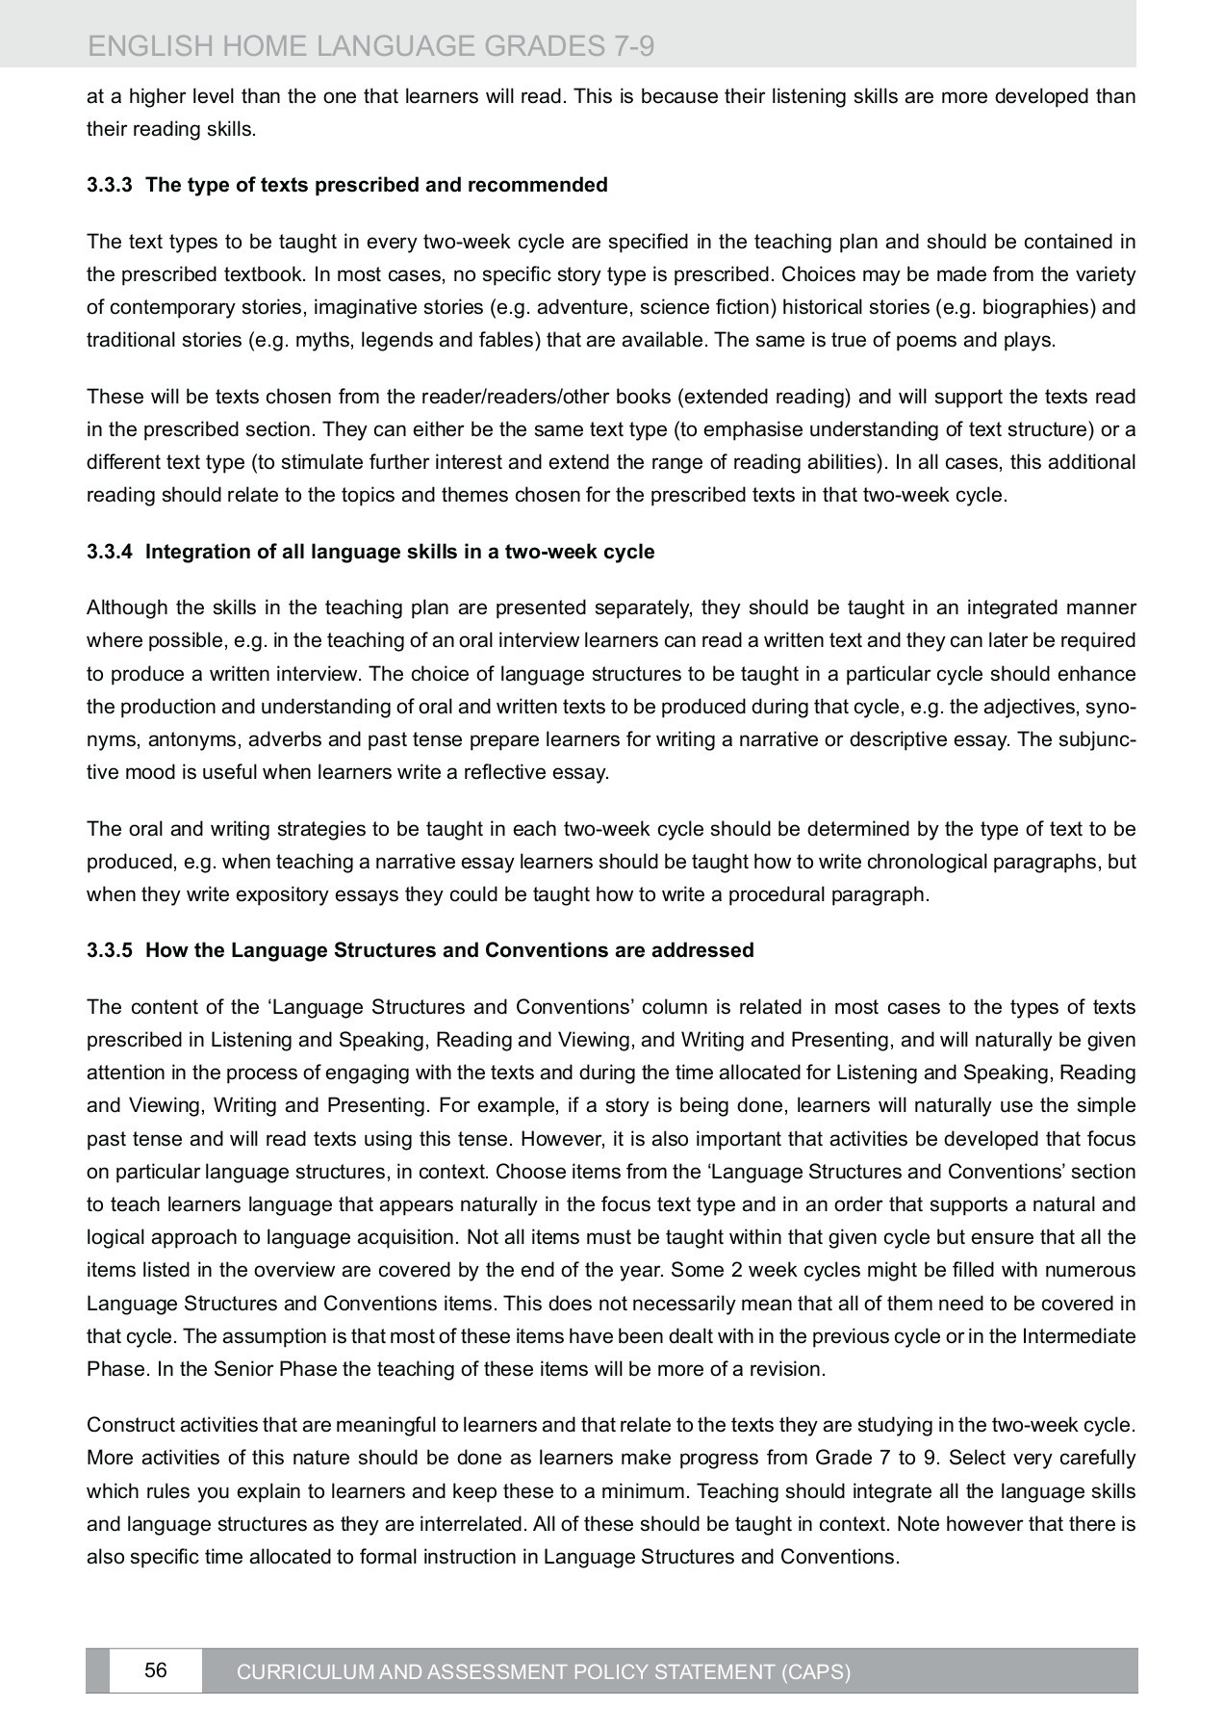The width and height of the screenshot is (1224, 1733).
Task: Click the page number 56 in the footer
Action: [155, 1670]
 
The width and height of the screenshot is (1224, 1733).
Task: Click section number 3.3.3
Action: [108, 185]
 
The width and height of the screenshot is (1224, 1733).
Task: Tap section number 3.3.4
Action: [108, 553]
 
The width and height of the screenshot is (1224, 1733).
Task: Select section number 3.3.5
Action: [108, 951]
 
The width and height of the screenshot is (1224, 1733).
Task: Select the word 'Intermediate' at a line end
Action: [1079, 1336]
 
